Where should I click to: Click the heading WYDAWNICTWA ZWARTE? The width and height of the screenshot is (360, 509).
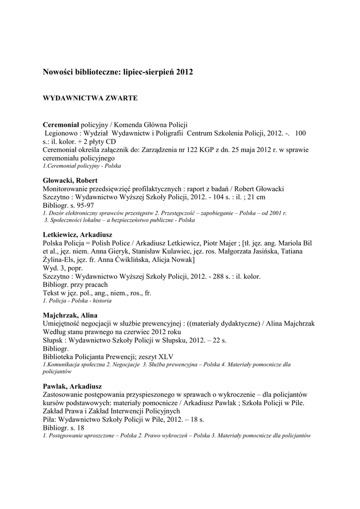tap(90, 98)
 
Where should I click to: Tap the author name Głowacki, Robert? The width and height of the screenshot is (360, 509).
tap(70, 180)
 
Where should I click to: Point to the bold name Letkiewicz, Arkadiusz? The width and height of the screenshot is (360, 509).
tap(78, 234)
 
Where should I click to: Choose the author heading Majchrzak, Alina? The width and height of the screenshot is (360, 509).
tap(70, 315)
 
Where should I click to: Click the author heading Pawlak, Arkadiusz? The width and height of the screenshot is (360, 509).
tap(72, 386)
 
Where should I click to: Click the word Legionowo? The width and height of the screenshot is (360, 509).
tap(61, 133)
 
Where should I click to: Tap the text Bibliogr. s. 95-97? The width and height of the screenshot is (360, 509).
tap(68, 205)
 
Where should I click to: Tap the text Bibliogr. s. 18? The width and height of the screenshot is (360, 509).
tap(64, 427)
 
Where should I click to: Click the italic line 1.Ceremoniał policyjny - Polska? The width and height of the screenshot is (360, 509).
tap(82, 166)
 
